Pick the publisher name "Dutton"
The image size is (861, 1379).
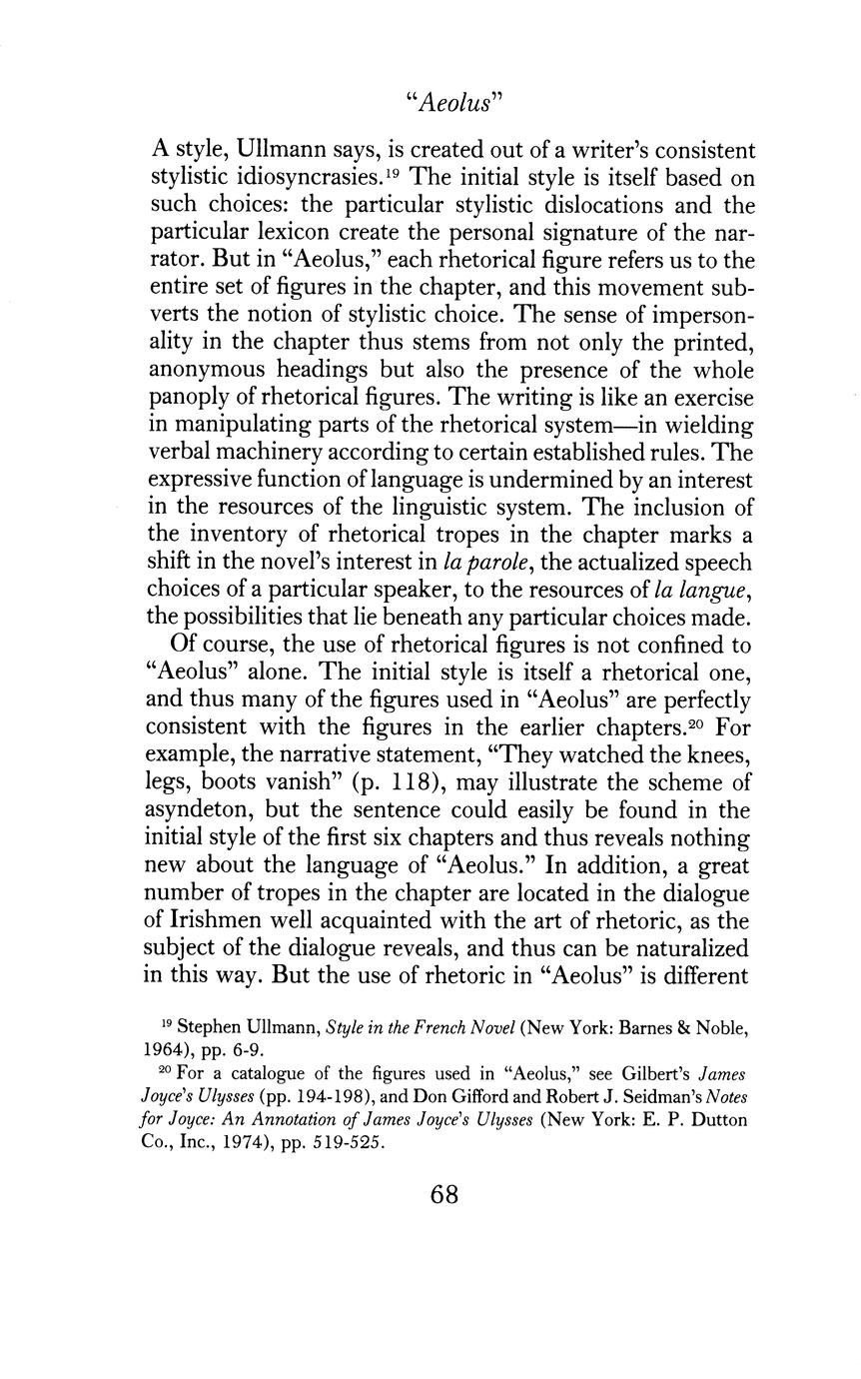coord(718,1119)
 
